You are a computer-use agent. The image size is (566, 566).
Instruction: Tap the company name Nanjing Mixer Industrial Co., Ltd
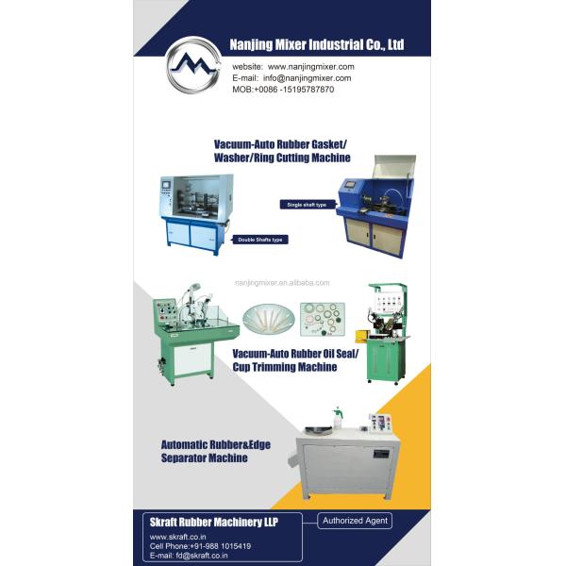click(x=317, y=43)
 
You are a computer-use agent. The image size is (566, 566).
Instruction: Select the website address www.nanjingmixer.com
click(x=310, y=67)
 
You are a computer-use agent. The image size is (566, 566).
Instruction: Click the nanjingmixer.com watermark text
click(x=282, y=282)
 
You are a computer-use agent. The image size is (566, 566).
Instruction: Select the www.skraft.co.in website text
click(x=178, y=536)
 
